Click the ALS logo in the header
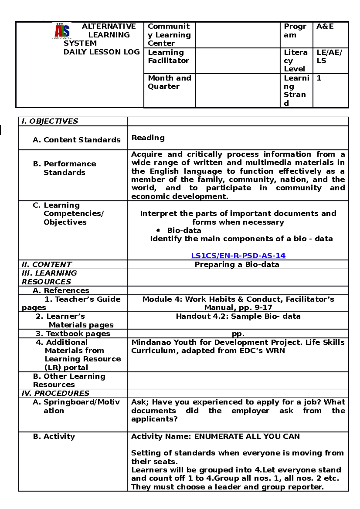62,31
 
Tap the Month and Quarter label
169,82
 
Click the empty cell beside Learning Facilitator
238,61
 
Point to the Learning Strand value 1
319,78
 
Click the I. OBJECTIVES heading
50,121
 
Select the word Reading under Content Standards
148,138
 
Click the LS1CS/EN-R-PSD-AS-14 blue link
238,256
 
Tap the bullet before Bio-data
158,230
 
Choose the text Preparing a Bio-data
237,264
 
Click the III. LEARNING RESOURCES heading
49,277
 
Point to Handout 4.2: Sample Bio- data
238,316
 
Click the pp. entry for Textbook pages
238,334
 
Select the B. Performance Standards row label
64,168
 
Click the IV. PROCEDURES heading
55,393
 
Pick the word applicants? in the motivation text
154,419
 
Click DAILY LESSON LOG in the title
101,52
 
